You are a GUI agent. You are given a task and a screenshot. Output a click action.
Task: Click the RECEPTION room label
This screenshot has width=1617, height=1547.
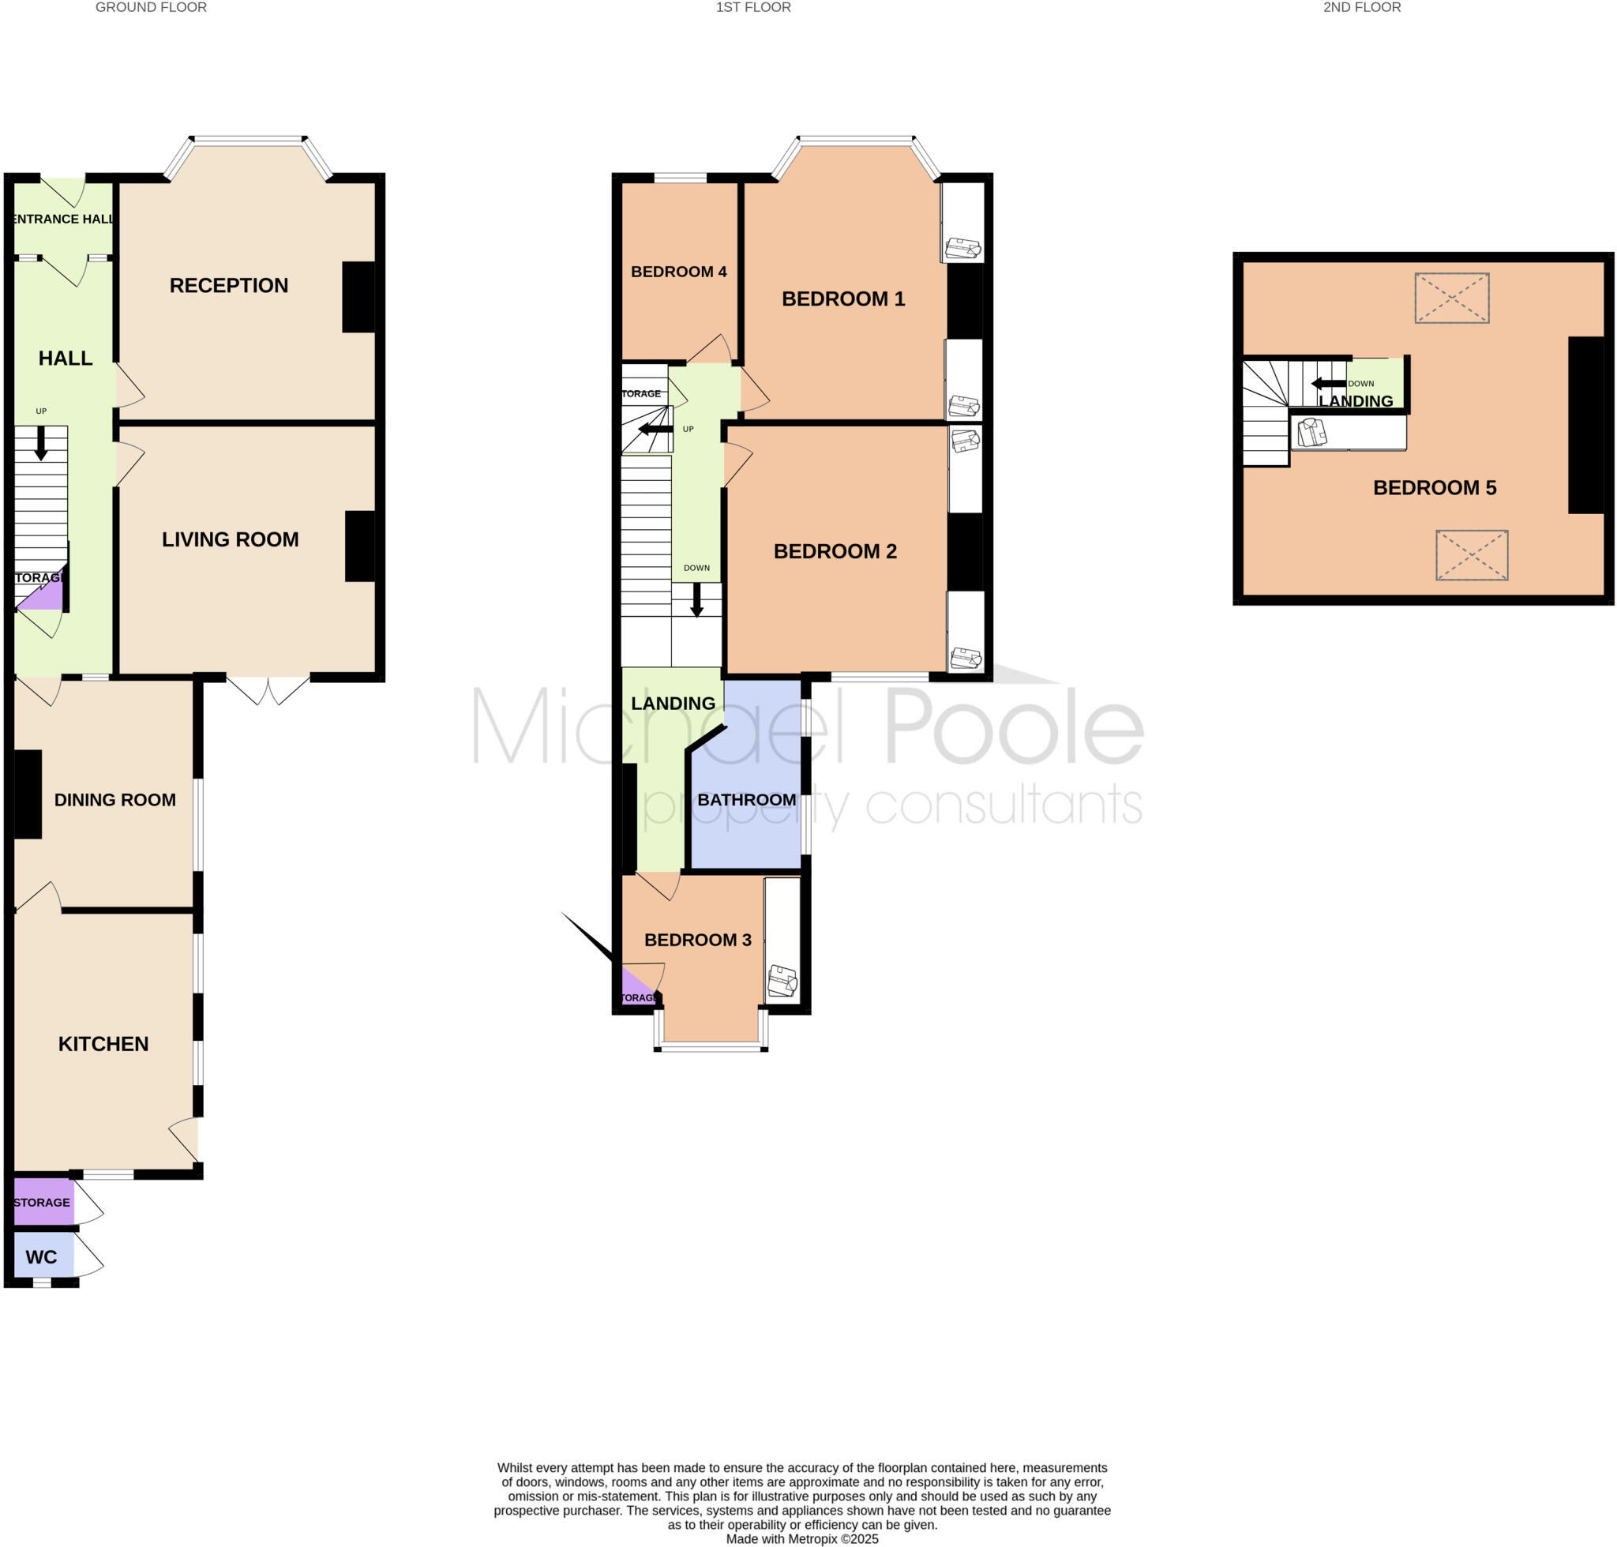tap(228, 285)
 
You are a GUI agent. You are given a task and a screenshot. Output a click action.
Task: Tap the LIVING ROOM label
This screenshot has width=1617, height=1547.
tap(230, 539)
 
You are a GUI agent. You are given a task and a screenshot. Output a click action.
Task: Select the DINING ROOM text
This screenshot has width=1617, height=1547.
tap(114, 799)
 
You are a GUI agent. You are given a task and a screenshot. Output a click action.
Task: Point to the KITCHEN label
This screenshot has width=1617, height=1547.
tap(103, 1043)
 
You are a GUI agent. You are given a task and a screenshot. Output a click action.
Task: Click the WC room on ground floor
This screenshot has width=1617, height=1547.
tap(41, 1256)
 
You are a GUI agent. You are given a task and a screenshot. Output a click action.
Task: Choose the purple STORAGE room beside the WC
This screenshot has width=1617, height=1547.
tap(42, 1203)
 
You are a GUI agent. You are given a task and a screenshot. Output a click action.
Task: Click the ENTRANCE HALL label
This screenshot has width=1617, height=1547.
tap(63, 219)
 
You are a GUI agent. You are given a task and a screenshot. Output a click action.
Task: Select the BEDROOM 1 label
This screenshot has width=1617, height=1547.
tap(842, 299)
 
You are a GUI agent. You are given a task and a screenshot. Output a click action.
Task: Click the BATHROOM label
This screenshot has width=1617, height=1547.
tap(746, 799)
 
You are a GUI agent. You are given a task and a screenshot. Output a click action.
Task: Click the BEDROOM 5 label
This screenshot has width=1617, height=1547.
tap(1434, 487)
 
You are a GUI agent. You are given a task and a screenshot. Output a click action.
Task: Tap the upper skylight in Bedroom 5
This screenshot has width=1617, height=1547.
tap(1451, 298)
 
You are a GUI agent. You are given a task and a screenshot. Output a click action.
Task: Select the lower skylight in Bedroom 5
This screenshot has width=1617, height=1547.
tap(1471, 555)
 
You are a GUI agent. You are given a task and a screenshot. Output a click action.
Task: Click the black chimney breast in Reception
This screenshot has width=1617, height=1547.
tap(358, 297)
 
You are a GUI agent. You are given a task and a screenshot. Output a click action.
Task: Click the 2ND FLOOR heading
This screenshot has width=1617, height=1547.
tap(1361, 7)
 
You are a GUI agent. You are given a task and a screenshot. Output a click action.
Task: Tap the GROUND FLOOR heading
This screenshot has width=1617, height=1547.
tap(151, 7)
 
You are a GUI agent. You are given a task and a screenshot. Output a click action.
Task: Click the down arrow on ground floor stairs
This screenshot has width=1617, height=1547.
tap(40, 444)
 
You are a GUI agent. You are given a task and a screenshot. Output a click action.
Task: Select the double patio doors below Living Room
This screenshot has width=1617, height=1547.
tap(268, 689)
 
